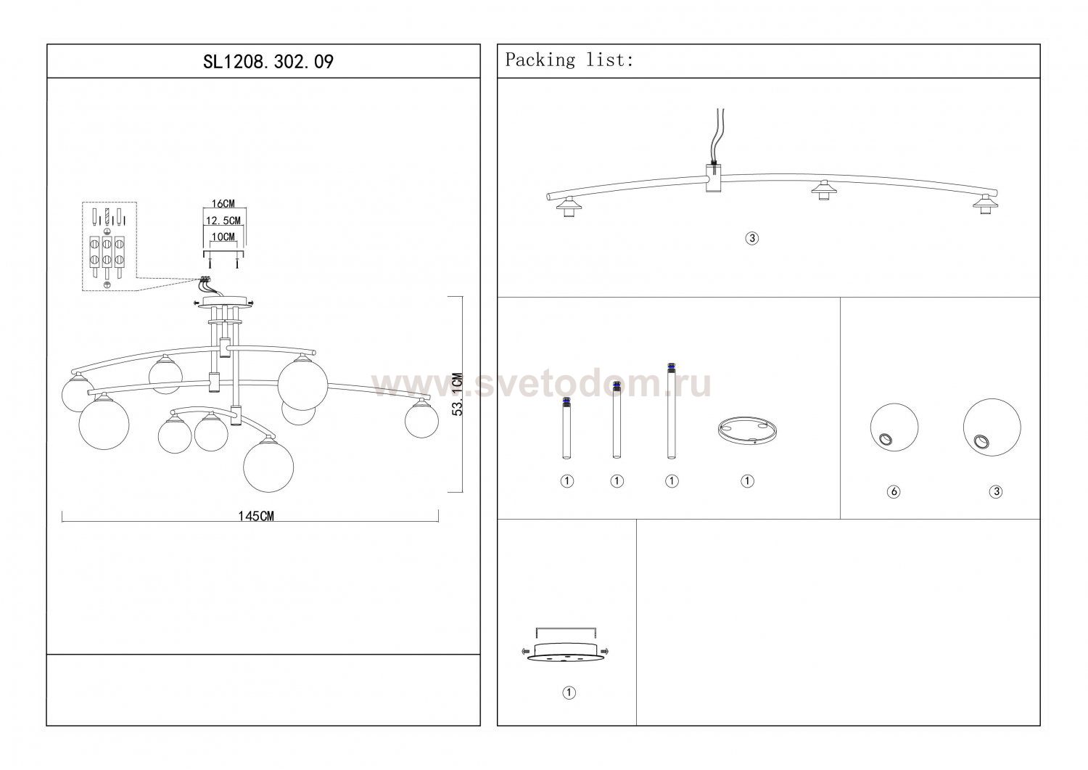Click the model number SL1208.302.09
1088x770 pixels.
pyautogui.click(x=268, y=62)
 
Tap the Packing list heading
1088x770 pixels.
pyautogui.click(x=569, y=60)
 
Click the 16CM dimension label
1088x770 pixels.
pyautogui.click(x=223, y=204)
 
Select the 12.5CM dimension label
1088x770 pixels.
pyautogui.click(x=223, y=221)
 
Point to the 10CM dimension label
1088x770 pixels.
pyautogui.click(x=223, y=237)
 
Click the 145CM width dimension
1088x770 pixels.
pyautogui.click(x=256, y=516)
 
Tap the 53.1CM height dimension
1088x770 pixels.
pyautogui.click(x=458, y=394)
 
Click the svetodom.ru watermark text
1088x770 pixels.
pyautogui.click(x=542, y=385)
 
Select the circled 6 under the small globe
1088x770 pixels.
pyautogui.click(x=893, y=492)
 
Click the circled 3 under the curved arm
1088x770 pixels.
pyautogui.click(x=752, y=238)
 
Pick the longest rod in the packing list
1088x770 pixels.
pyautogui.click(x=671, y=411)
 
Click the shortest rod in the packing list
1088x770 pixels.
pyautogui.click(x=566, y=428)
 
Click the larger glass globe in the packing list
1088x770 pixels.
pyautogui.click(x=992, y=427)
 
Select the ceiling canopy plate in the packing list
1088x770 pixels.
pyautogui.click(x=566, y=652)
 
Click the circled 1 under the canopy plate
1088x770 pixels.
pyautogui.click(x=569, y=692)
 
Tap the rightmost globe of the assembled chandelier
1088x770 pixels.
pyautogui.click(x=421, y=420)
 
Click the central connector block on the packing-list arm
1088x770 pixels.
pyautogui.click(x=713, y=177)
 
